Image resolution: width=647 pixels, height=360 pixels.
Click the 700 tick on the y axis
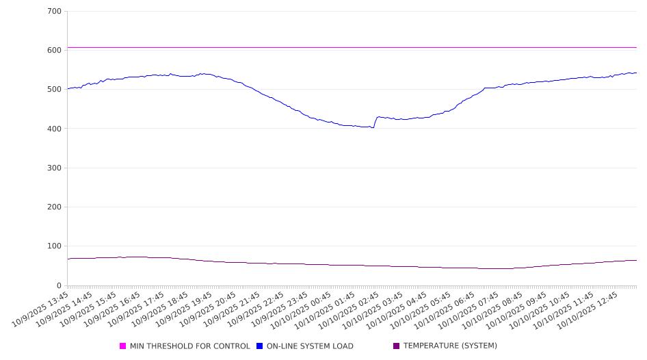pos(54,12)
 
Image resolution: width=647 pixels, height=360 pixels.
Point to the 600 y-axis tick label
pos(54,51)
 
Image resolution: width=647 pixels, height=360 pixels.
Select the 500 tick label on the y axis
pos(54,90)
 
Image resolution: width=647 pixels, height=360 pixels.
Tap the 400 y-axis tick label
pos(54,129)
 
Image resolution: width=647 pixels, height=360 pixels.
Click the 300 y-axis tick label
pos(54,168)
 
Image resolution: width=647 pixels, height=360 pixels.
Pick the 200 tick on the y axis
pos(54,207)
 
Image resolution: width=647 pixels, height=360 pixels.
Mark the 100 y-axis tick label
pos(54,246)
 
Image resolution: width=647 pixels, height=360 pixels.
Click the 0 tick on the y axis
pos(58,286)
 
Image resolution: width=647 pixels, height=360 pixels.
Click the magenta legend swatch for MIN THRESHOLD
pos(123,346)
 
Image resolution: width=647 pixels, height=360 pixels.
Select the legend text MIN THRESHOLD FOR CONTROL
pos(189,346)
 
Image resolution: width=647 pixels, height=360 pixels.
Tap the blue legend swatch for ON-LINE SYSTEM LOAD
pos(260,346)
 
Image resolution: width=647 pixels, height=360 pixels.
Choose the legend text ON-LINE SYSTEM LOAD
pos(310,346)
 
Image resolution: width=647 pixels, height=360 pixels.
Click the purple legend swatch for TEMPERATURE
pos(397,346)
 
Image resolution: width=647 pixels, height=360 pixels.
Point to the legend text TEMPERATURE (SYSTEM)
pos(450,346)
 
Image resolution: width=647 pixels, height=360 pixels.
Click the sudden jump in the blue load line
pos(375,122)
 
